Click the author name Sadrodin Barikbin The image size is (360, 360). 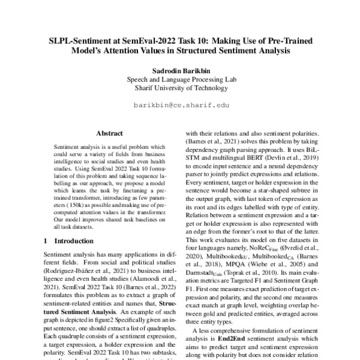180,70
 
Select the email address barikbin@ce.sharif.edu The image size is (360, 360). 180,104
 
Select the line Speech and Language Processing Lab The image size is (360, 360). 180,79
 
